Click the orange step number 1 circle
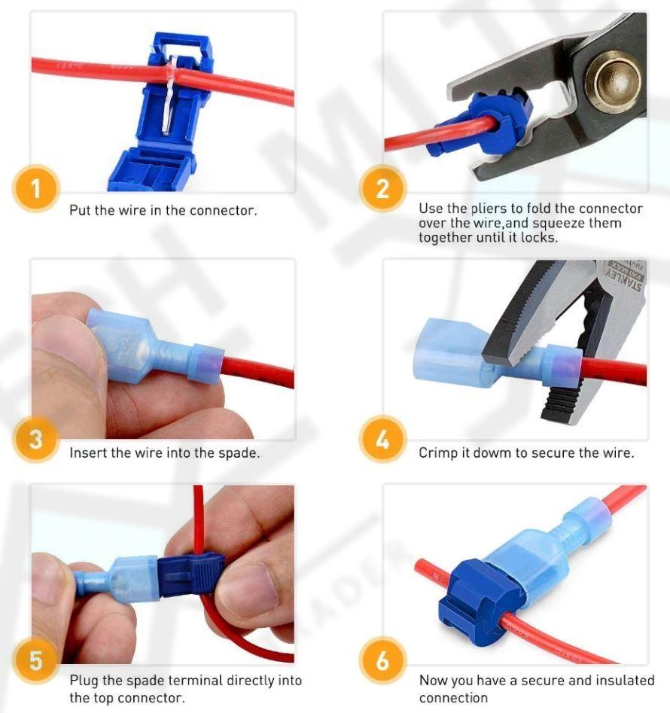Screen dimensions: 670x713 [x=36, y=188]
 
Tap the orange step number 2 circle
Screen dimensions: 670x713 [x=382, y=188]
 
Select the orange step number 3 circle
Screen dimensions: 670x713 [x=36, y=439]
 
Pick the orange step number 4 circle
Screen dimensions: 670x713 [x=382, y=439]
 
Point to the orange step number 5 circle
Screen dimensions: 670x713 [x=36, y=660]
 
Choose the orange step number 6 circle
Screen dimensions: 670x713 [x=382, y=660]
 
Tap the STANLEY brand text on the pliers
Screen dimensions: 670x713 [x=623, y=279]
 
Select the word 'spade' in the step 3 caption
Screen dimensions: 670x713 [x=239, y=453]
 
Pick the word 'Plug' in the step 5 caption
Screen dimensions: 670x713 [x=84, y=681]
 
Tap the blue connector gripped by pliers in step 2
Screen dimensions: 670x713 [x=484, y=122]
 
